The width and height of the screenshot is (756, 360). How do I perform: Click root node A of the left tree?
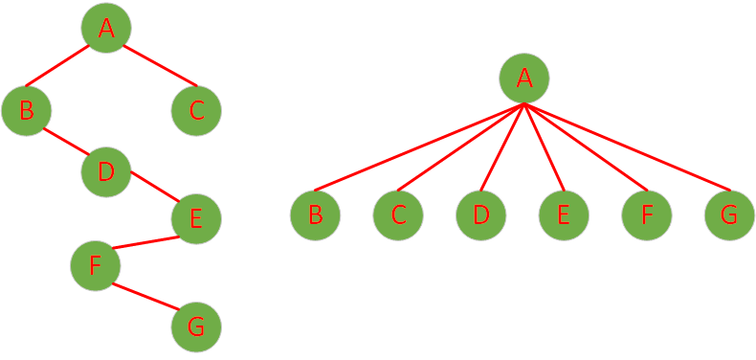click(105, 28)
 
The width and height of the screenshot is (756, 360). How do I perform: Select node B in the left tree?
click(26, 110)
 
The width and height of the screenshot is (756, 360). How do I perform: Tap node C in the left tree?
click(196, 110)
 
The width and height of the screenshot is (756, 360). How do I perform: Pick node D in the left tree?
click(105, 171)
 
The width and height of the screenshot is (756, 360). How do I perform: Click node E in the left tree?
click(196, 218)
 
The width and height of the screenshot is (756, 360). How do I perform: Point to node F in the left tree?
click(95, 265)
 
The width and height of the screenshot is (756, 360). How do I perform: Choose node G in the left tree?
click(196, 326)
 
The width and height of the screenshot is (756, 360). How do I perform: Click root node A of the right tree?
click(523, 79)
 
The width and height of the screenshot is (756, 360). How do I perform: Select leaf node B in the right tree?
click(316, 214)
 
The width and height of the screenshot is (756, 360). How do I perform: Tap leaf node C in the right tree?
click(398, 214)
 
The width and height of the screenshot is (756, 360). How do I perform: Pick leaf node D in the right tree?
click(480, 214)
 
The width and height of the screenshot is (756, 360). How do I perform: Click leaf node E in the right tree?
click(564, 214)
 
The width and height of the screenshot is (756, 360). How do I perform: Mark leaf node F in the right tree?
click(647, 214)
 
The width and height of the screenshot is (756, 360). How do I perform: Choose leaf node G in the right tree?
click(729, 214)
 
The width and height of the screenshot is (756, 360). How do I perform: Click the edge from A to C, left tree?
click(160, 65)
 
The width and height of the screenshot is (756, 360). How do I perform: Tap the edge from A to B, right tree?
click(418, 147)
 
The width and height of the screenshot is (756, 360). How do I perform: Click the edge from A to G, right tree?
click(627, 147)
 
